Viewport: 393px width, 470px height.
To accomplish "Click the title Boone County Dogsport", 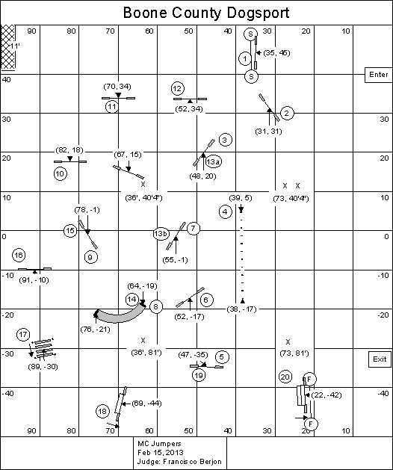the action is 206,13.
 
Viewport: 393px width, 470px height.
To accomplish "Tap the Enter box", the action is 378,75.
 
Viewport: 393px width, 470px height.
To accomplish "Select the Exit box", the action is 380,359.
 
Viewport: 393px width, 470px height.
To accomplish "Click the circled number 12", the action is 178,88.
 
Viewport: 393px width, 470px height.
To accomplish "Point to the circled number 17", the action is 23,334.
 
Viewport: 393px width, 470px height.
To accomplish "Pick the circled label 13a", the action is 214,162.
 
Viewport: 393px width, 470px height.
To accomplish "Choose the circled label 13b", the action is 161,233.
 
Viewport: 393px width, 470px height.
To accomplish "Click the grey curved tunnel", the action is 120,315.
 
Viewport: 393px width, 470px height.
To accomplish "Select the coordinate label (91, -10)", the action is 34,280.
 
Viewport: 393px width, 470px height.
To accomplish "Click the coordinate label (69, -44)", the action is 146,403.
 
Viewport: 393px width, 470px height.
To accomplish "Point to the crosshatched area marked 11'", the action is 8,47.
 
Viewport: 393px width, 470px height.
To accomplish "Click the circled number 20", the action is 285,377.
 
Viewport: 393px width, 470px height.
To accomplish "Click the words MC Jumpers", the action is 159,444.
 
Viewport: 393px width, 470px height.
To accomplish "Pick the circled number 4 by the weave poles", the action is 225,212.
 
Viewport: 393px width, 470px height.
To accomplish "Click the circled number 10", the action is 61,173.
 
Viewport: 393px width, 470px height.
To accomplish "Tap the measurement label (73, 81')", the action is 294,353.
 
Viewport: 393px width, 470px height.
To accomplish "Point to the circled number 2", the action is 287,114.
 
